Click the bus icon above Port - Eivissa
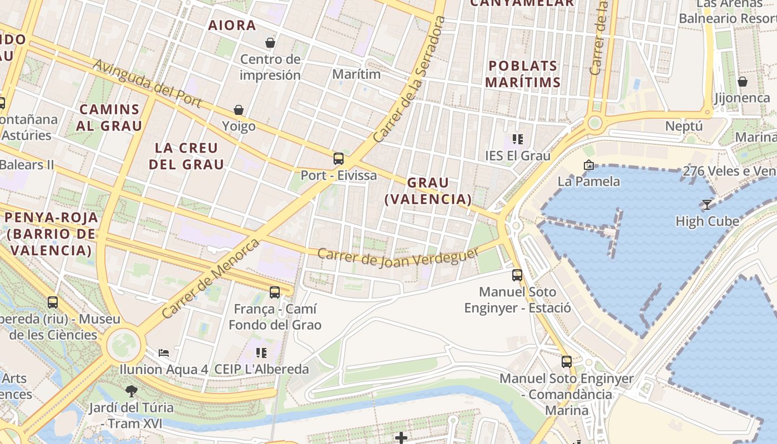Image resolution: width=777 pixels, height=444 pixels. [x=339, y=159]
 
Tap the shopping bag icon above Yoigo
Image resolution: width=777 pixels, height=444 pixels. [x=239, y=110]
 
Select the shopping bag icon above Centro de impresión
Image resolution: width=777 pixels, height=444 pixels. [x=270, y=43]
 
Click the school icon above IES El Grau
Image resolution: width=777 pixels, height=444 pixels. [x=518, y=139]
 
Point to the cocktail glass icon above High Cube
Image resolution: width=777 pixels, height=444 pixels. [x=707, y=205]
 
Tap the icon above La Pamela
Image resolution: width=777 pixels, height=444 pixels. [x=588, y=165]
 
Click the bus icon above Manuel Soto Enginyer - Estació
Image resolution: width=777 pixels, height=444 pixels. [x=517, y=275]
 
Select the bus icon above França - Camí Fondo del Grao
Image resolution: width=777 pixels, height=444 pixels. [x=275, y=292]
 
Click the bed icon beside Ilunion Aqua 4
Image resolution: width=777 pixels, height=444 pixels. [x=164, y=352]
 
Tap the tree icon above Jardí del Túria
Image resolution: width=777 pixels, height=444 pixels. [x=132, y=391]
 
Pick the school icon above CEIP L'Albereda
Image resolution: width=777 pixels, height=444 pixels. [x=261, y=352]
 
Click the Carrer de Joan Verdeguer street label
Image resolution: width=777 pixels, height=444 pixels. [x=398, y=256]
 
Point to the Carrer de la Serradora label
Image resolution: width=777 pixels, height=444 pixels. [x=410, y=79]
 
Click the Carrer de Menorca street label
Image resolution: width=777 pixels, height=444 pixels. [x=211, y=279]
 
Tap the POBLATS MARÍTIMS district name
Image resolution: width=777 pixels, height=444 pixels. [x=523, y=74]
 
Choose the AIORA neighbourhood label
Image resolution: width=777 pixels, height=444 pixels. [x=232, y=25]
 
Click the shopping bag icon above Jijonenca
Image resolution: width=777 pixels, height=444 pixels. [x=743, y=82]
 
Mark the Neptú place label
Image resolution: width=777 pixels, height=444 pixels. [x=684, y=126]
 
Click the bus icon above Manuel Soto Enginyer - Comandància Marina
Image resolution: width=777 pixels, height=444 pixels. [x=567, y=362]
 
